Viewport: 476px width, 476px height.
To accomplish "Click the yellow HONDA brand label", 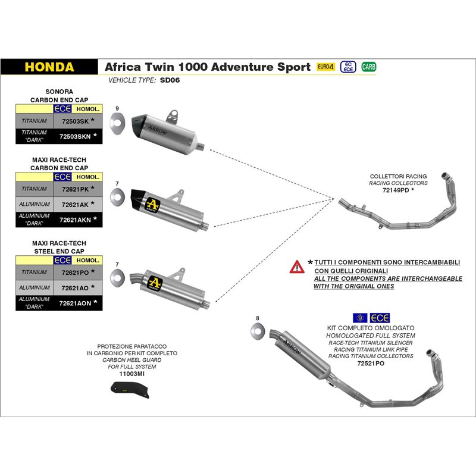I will (x=49, y=67).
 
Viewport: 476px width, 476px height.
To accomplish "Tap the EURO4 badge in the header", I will (x=325, y=67).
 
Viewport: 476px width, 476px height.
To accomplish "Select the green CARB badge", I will (x=369, y=67).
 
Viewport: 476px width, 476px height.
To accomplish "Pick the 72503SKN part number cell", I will (x=76, y=136).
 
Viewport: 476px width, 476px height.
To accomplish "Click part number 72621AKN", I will (x=76, y=220).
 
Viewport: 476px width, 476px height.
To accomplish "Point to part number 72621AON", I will (x=76, y=303).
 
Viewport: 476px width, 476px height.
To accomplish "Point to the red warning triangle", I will (x=297, y=267).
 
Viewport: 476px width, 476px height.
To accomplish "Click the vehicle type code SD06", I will (x=170, y=80).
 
